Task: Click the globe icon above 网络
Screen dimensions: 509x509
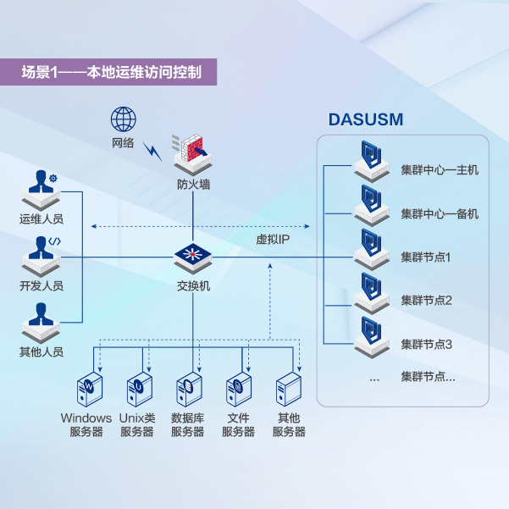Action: [124, 118]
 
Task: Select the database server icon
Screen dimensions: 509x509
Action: [187, 389]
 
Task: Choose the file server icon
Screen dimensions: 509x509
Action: [238, 389]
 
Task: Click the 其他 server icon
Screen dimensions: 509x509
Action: [289, 389]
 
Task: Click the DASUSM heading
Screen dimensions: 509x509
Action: [365, 119]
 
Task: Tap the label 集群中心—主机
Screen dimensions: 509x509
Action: [440, 170]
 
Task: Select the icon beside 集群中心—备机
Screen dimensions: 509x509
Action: [371, 203]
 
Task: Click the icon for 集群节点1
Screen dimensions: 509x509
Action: [371, 247]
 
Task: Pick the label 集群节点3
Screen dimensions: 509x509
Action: [427, 345]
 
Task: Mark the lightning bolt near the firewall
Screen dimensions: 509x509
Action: [153, 150]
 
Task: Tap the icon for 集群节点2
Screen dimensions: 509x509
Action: [371, 291]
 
